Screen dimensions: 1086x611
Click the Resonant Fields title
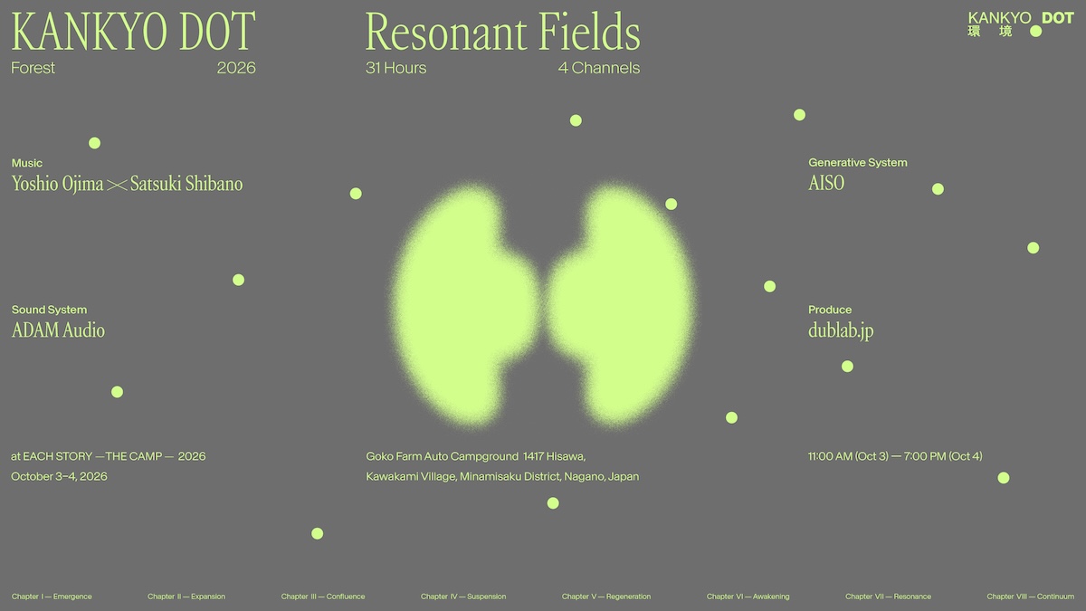point(503,32)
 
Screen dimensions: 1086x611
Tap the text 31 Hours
point(395,68)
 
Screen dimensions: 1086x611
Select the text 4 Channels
point(599,68)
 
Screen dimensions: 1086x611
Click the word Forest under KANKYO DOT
point(33,68)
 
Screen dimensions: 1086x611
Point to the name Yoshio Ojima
point(57,184)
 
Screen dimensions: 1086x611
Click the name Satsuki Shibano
point(186,184)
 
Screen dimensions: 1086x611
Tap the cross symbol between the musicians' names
point(117,186)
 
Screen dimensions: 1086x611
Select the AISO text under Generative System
point(826,183)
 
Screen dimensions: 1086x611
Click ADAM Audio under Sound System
point(58,330)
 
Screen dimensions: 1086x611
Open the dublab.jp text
point(841,330)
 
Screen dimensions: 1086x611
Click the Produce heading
point(830,310)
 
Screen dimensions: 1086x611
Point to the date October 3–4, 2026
point(59,476)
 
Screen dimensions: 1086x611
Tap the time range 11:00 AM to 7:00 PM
point(895,456)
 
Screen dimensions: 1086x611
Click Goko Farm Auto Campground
point(443,456)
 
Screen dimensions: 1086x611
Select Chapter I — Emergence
point(52,597)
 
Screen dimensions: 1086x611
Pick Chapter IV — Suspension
point(463,597)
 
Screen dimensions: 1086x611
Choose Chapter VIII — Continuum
point(1030,597)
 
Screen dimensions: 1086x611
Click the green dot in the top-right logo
point(1035,32)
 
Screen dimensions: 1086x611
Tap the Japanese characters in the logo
point(989,32)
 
